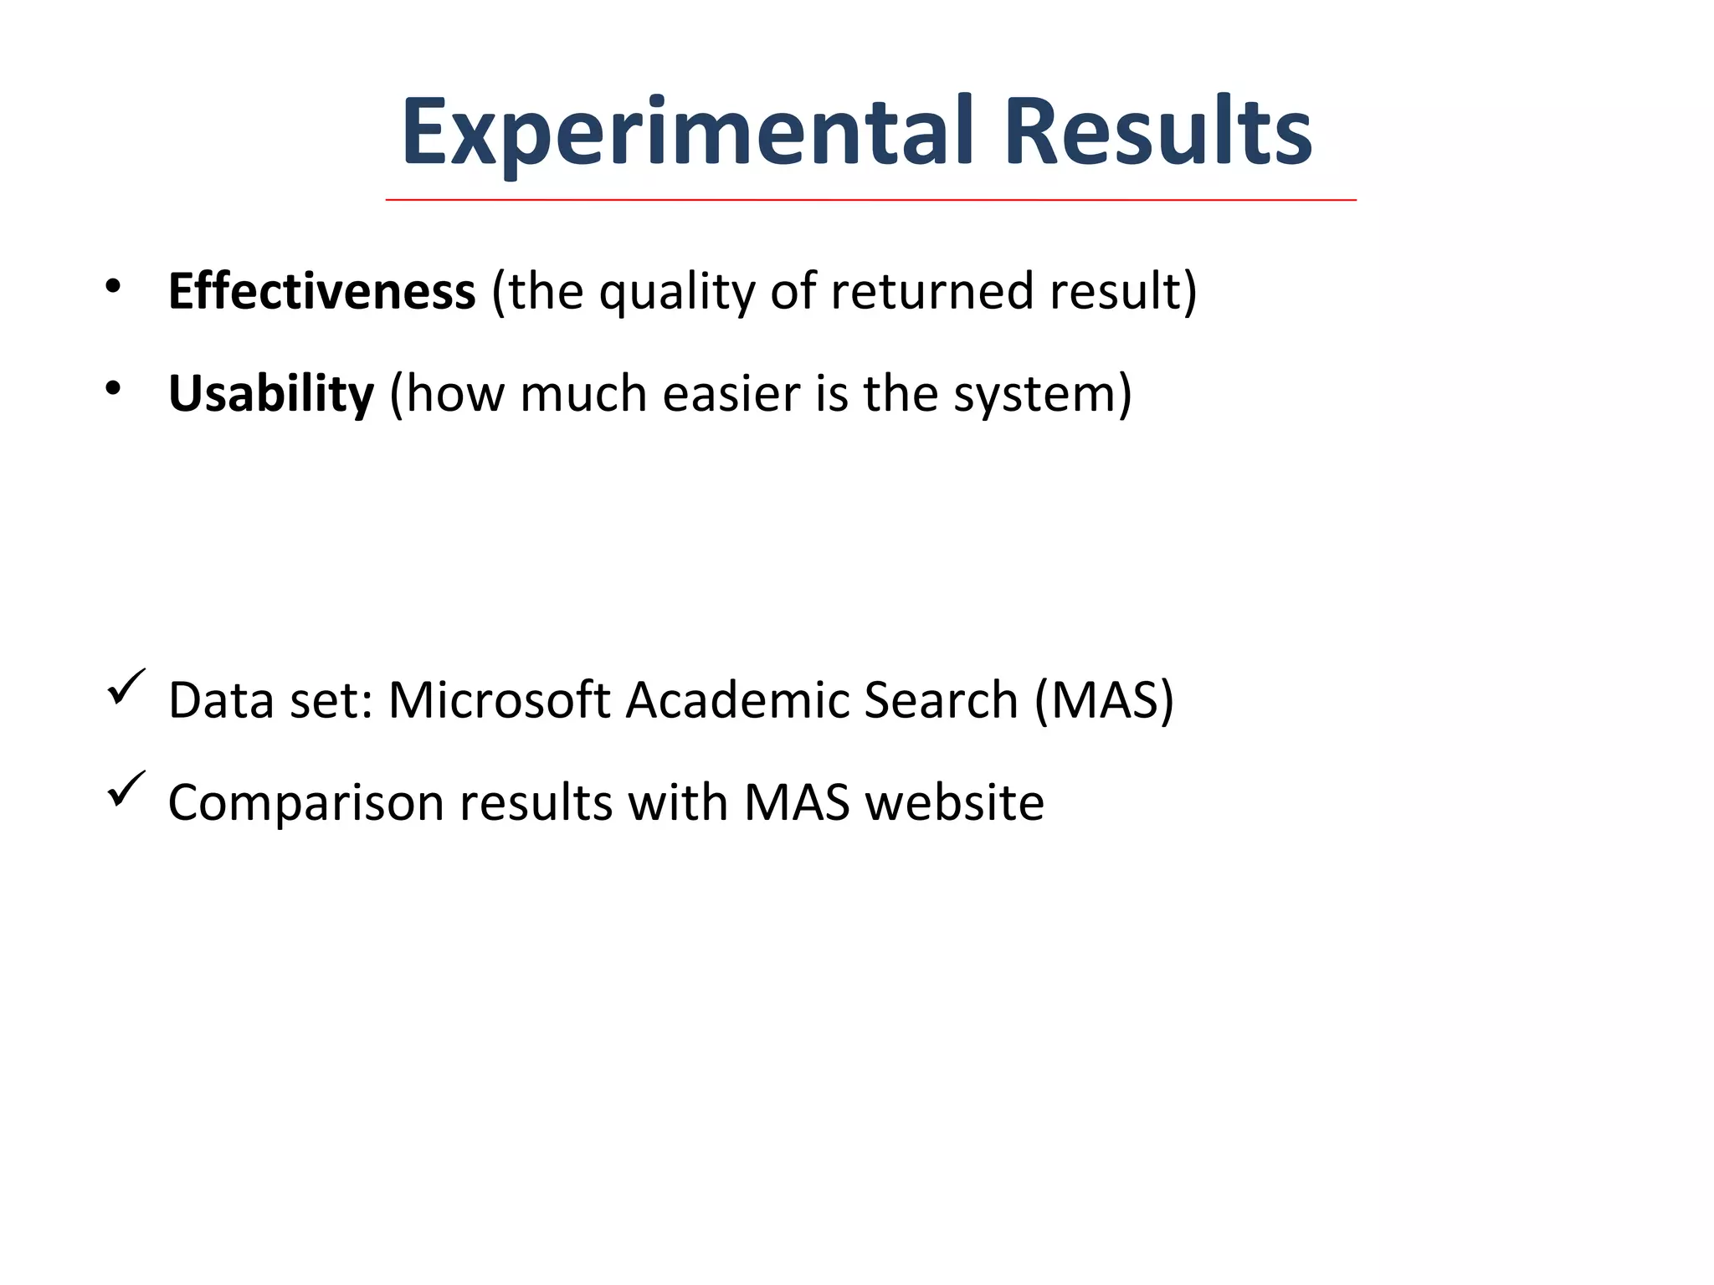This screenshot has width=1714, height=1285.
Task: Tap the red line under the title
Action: click(870, 201)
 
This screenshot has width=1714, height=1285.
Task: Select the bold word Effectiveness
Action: click(321, 291)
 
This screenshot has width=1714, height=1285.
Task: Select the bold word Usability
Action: click(270, 394)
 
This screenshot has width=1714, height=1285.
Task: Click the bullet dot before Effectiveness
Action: click(113, 287)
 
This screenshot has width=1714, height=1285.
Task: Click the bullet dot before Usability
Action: click(113, 388)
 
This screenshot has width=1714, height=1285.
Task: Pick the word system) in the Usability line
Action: click(1042, 394)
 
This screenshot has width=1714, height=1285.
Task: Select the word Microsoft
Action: click(499, 699)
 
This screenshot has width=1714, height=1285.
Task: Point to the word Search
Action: click(940, 699)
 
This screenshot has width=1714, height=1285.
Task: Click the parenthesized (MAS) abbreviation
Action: click(1104, 699)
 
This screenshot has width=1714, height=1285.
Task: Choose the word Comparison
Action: click(305, 803)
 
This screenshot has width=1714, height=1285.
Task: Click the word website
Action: click(954, 802)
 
